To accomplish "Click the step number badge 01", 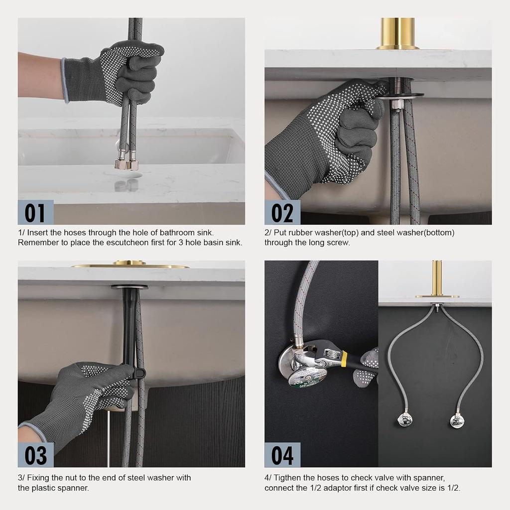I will tap(35, 213).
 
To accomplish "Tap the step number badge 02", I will tap(282, 213).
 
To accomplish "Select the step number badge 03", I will tap(35, 455).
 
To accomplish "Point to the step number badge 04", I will tap(282, 455).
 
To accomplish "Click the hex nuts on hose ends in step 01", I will tap(127, 164).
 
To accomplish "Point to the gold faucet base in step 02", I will tap(397, 34).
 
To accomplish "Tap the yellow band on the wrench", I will tap(344, 357).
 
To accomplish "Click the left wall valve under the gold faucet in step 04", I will tap(405, 420).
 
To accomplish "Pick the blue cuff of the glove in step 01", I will tap(64, 81).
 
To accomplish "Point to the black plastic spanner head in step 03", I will tap(139, 372).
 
